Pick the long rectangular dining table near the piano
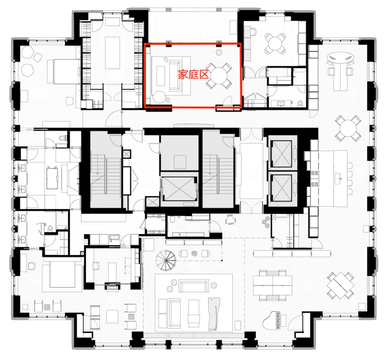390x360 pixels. [x=272, y=285]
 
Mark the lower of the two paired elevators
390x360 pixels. [x=282, y=186]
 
